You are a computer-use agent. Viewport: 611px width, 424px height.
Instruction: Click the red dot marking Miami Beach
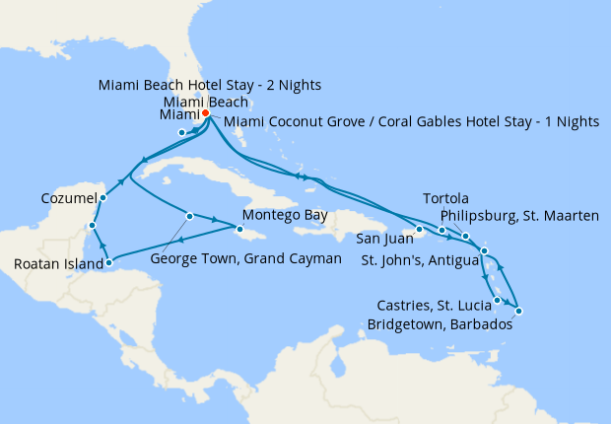205,113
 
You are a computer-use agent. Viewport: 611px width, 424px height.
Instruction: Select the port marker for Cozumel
103,197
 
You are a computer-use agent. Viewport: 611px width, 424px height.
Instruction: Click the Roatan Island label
56,264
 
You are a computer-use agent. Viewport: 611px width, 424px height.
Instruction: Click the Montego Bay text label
281,215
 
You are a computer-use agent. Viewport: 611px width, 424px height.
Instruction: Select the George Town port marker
188,216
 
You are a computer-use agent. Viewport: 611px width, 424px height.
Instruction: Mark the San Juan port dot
419,230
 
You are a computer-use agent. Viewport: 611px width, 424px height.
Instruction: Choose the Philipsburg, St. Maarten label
518,216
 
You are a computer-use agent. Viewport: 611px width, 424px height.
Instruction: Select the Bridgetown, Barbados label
440,323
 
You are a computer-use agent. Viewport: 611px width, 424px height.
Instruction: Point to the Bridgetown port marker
518,312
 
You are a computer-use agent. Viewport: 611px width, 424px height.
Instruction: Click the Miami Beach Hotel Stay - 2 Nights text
209,85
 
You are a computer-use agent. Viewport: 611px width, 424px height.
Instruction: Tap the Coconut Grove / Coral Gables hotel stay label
411,121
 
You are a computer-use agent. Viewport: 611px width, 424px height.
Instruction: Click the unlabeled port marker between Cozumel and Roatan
91,226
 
